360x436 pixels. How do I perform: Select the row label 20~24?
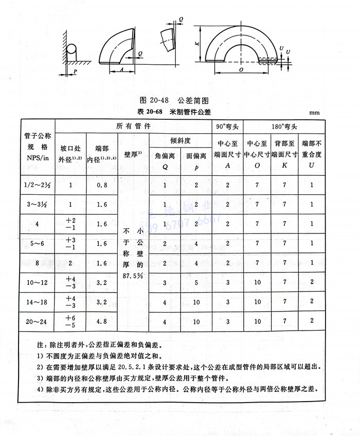pyautogui.click(x=37, y=321)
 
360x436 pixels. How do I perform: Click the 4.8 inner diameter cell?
pyautogui.click(x=101, y=321)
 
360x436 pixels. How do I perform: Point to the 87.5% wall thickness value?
pyautogui.click(x=133, y=276)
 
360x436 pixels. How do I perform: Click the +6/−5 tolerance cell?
pyautogui.click(x=70, y=321)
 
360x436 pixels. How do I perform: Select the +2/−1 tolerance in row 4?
pyautogui.click(x=70, y=224)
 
